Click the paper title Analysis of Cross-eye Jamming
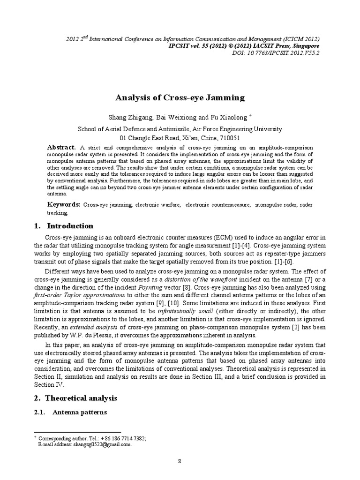[180, 97]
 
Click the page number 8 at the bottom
[180, 461]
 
